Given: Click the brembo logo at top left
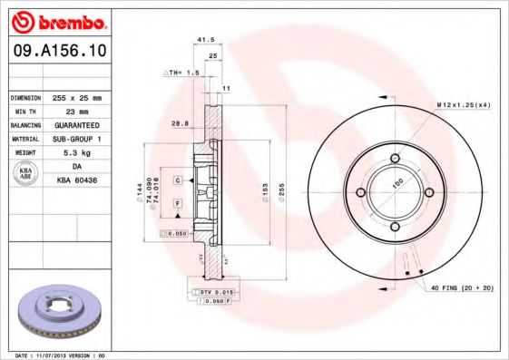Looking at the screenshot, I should pos(57,21).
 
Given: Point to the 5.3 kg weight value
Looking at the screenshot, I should pos(76,153).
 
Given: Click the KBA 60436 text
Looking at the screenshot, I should pos(76,181).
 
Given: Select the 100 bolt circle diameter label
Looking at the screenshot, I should pos(396,182).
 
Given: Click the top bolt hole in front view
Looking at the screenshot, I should pos(396,161).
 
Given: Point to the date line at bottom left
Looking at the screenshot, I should pos(61,355).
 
